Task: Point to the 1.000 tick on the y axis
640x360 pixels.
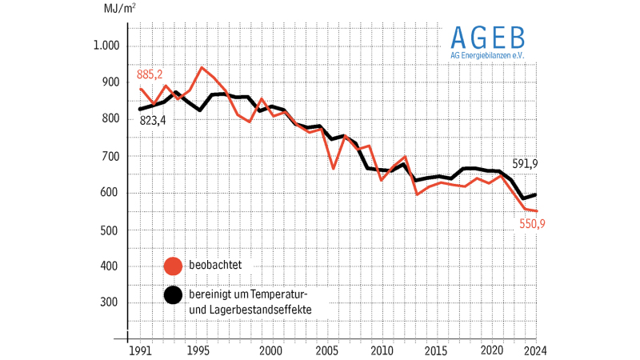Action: (x=106, y=46)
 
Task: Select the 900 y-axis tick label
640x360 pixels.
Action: (x=110, y=83)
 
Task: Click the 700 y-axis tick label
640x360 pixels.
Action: (x=110, y=157)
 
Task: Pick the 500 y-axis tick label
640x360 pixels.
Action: (x=110, y=230)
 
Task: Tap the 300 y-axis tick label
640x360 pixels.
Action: (x=110, y=303)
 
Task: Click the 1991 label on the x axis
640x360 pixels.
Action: (x=141, y=350)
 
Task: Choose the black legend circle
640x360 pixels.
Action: (x=172, y=295)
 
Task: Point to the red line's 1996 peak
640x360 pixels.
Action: (x=202, y=67)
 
